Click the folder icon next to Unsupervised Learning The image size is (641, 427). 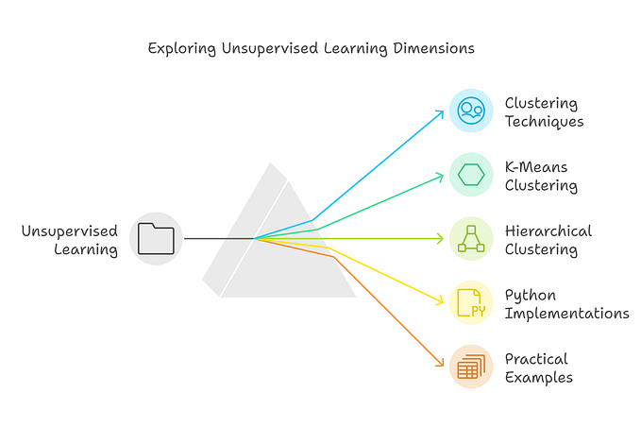tap(156, 238)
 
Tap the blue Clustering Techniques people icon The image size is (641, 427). tap(470, 111)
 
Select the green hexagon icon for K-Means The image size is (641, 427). tap(470, 175)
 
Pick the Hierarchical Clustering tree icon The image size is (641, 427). tap(470, 239)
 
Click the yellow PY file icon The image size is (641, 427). tap(470, 303)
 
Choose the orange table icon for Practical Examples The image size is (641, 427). tap(470, 367)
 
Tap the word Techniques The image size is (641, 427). tap(544, 121)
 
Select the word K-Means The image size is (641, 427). tap(535, 167)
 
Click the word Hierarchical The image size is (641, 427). tap(548, 231)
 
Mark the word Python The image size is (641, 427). tap(530, 295)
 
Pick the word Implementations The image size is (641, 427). tap(566, 313)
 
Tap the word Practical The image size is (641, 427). tap(536, 359)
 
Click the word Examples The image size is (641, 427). tap(538, 377)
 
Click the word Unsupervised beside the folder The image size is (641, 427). tap(70, 231)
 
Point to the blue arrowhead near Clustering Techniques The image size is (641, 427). tap(440, 114)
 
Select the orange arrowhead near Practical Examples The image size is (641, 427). tap(440, 364)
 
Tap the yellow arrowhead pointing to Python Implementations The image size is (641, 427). tap(440, 301)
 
